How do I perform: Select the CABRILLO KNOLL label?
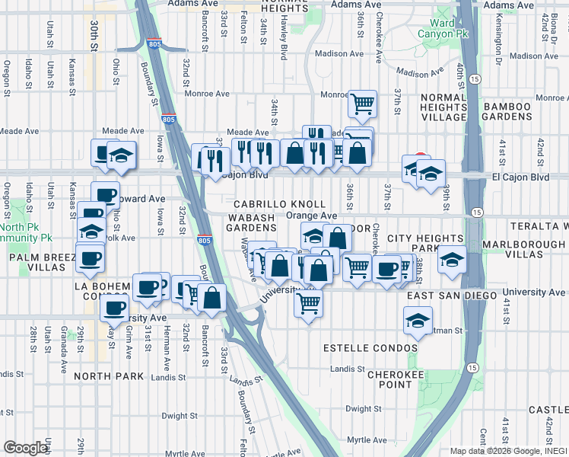[279, 205]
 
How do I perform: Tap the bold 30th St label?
[94, 37]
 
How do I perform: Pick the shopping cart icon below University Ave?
[308, 302]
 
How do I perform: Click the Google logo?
[26, 448]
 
